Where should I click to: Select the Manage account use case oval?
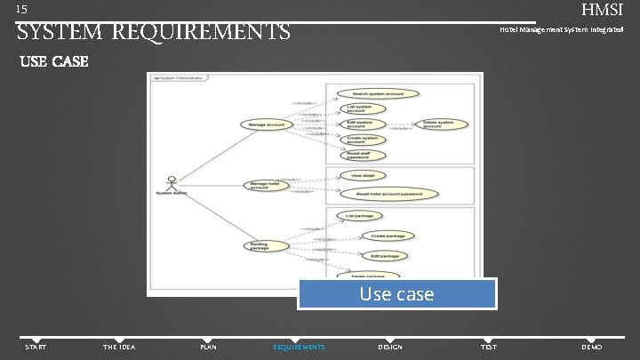pos(267,125)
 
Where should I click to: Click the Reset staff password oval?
pos(363,155)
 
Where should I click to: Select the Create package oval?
pos(388,236)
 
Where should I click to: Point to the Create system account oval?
pos(363,140)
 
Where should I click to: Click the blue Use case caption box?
pos(396,294)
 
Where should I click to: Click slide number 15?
pos(22,9)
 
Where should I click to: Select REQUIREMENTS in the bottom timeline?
pos(299,347)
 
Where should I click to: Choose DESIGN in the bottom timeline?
pos(390,347)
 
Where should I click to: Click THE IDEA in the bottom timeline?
pos(119,347)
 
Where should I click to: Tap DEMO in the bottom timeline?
pos(591,347)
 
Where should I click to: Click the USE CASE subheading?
pos(53,61)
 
